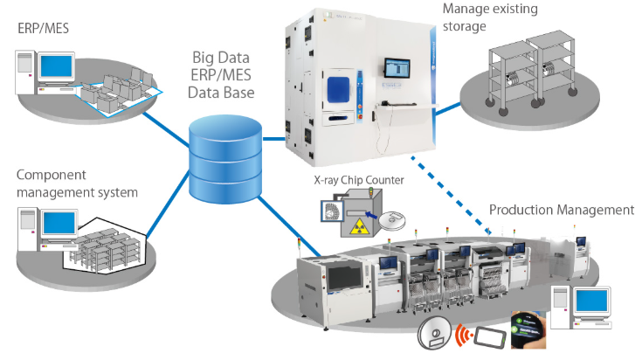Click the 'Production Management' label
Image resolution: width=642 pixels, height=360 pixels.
(561, 210)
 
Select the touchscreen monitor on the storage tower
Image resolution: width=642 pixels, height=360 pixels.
(398, 67)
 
